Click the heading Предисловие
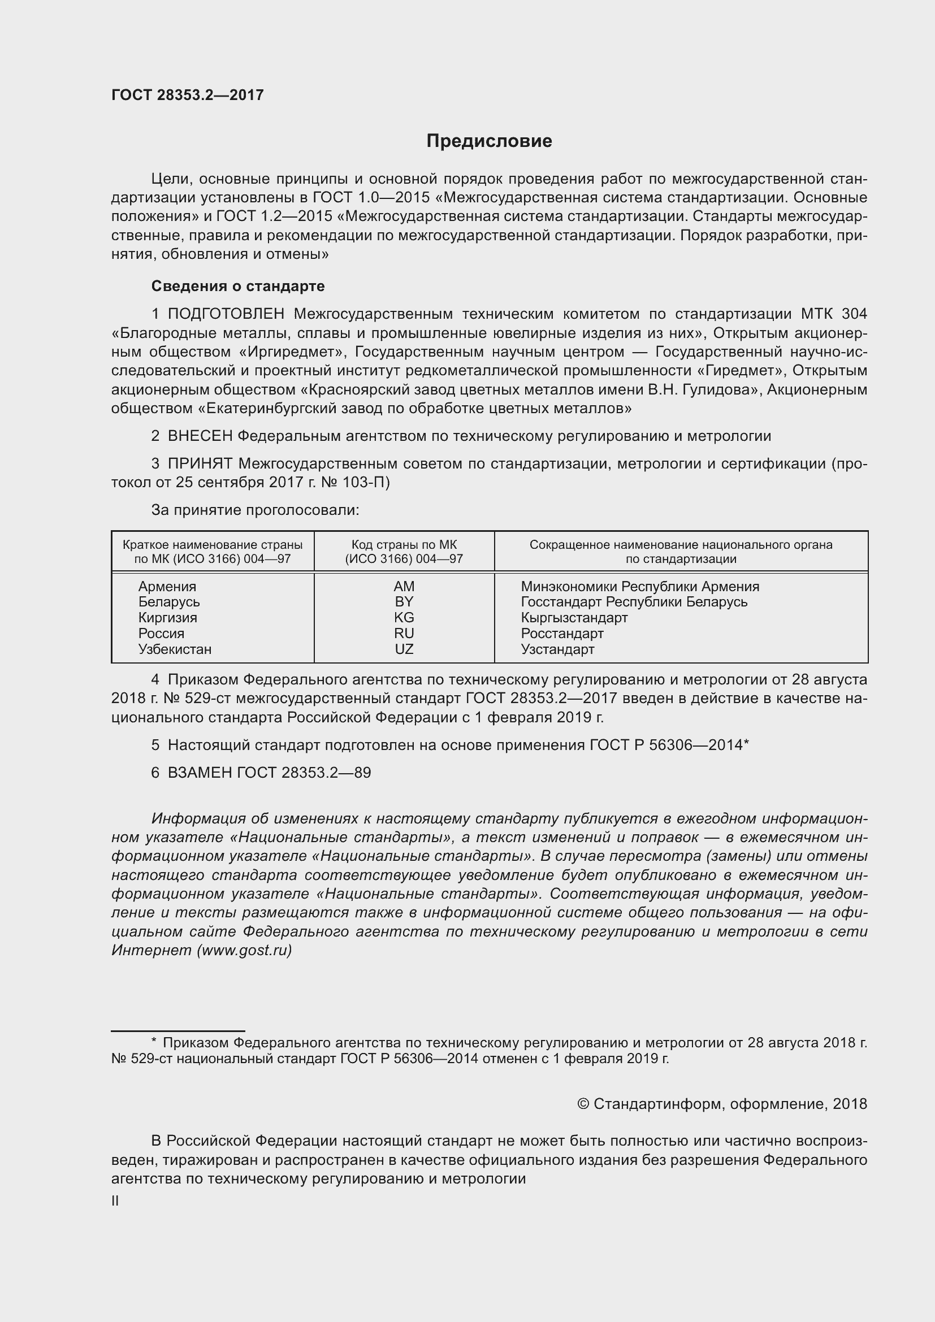pyautogui.click(x=489, y=141)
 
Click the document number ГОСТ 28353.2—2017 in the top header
pyautogui.click(x=187, y=95)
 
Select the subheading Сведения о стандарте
pyautogui.click(x=238, y=285)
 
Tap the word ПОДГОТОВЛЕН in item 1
pyautogui.click(x=226, y=314)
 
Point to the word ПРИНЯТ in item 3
pyautogui.click(x=200, y=463)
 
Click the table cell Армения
pyautogui.click(x=167, y=586)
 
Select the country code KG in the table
pyautogui.click(x=404, y=617)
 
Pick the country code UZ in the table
pyautogui.click(x=404, y=649)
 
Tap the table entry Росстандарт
pyautogui.click(x=562, y=634)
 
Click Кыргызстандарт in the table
pyautogui.click(x=574, y=617)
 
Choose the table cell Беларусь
pyautogui.click(x=168, y=602)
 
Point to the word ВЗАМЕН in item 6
pyautogui.click(x=200, y=772)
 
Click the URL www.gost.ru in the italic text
pyautogui.click(x=244, y=950)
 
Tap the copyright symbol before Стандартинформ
pyautogui.click(x=583, y=1103)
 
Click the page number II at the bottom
pyautogui.click(x=115, y=1200)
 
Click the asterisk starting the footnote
pyautogui.click(x=154, y=1042)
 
